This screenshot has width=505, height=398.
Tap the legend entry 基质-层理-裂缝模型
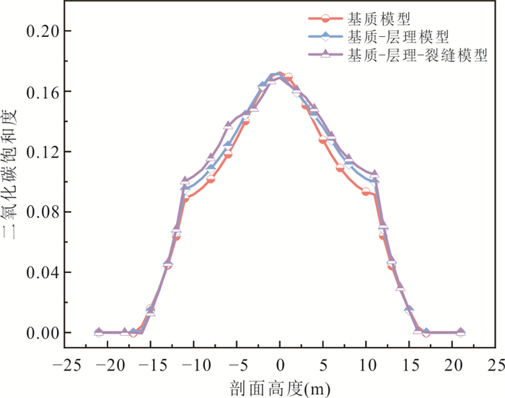[417, 54]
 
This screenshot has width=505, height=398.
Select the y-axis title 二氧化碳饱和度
[13, 181]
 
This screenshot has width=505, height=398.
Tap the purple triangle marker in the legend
[325, 54]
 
